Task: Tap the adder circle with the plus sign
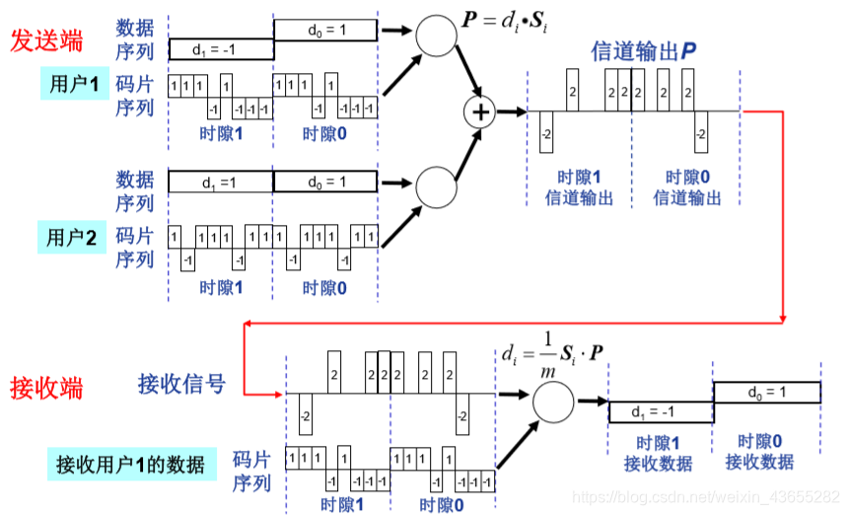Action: pos(480,111)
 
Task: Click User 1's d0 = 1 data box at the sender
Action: pos(324,31)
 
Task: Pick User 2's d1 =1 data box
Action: pos(220,183)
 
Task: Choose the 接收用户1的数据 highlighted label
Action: pos(130,464)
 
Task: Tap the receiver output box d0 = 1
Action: pos(767,393)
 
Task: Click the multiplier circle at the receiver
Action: pos(553,401)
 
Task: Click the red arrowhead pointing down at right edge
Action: pos(784,316)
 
